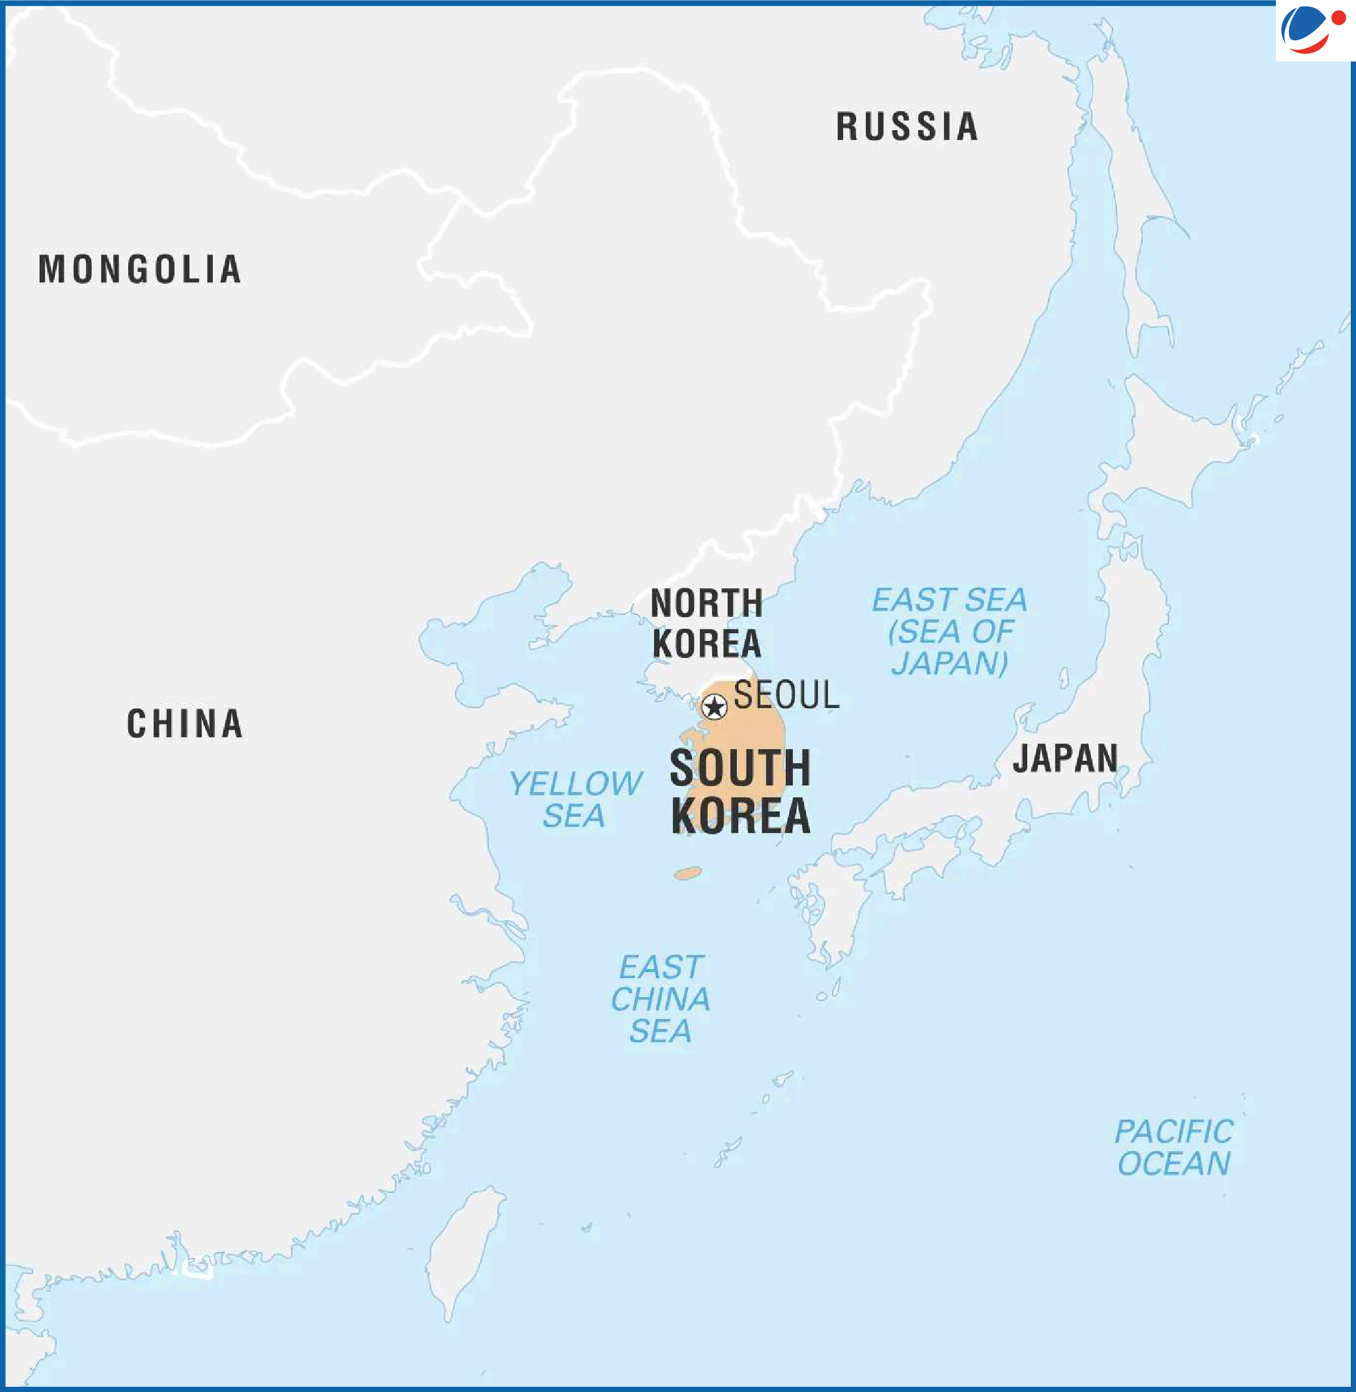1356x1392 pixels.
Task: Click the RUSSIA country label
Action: (x=907, y=127)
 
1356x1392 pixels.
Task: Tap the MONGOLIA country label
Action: (x=139, y=269)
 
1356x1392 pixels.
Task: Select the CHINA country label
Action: (x=184, y=724)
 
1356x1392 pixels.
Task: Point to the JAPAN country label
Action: (x=1065, y=757)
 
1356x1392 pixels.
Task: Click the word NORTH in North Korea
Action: (x=706, y=603)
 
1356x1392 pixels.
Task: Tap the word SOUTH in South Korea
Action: (x=740, y=769)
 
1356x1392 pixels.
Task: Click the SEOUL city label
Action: (x=786, y=695)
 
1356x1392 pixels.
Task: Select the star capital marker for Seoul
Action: (x=713, y=707)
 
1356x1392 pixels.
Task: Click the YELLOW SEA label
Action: (x=575, y=799)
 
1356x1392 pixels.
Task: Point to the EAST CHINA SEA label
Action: (x=660, y=998)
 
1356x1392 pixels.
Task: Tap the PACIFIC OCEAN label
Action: (x=1174, y=1148)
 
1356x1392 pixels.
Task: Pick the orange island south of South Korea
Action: (x=687, y=873)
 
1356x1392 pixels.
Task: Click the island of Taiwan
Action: (x=463, y=1250)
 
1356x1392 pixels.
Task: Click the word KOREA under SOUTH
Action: (x=740, y=815)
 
